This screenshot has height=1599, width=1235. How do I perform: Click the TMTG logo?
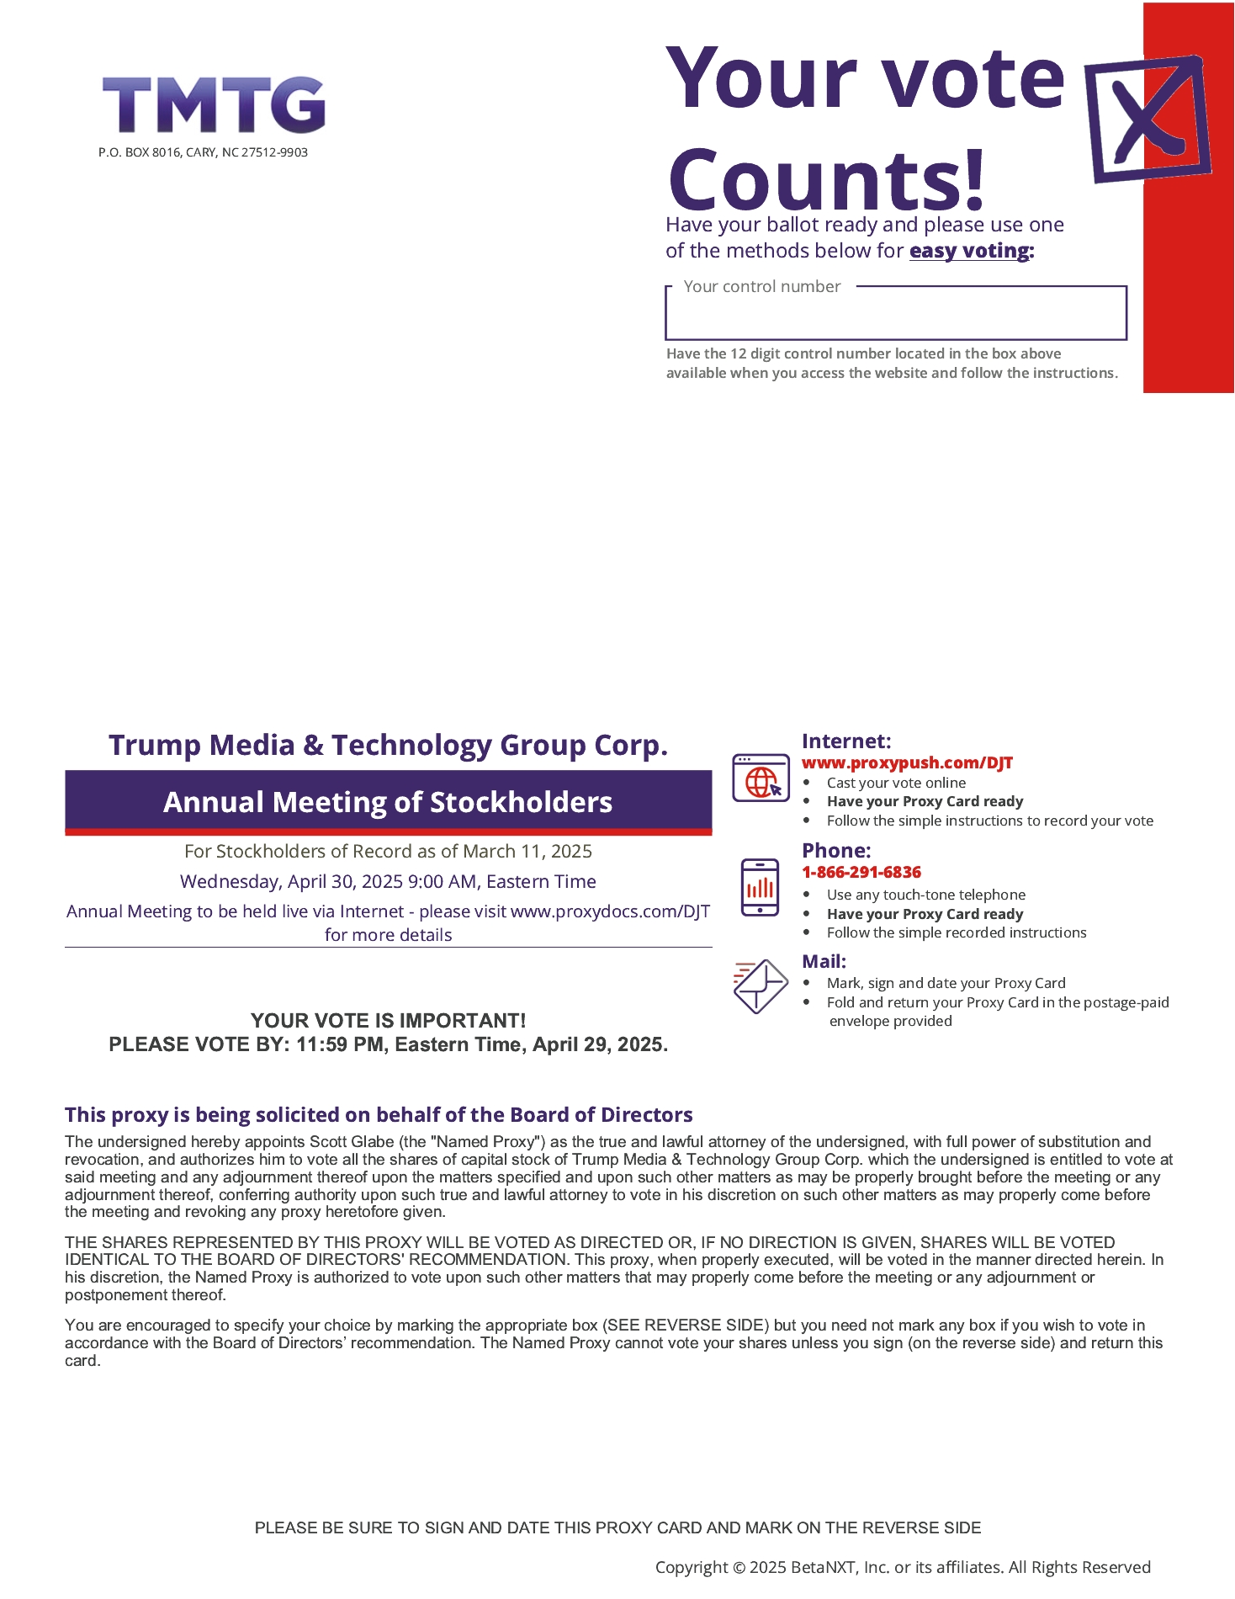214,105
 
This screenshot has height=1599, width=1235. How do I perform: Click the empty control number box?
895,316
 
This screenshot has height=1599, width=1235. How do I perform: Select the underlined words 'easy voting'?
970,251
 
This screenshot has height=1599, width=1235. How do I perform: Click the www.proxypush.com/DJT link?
907,763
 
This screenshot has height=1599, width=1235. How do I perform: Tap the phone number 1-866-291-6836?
861,873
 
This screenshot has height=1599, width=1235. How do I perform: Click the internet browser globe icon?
761,778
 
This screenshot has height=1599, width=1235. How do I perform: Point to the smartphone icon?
760,887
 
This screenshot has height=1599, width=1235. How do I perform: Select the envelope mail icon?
760,986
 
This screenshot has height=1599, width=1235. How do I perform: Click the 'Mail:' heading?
824,961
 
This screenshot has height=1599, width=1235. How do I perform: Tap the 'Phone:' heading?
836,851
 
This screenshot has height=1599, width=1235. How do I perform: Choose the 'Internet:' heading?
845,741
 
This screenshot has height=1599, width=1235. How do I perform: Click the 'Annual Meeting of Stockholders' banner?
388,802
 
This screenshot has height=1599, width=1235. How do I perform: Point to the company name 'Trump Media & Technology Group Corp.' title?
388,746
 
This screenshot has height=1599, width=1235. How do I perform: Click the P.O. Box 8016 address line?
203,152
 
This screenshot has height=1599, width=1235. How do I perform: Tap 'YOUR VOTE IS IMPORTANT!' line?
388,1021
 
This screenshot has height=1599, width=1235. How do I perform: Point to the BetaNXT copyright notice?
903,1567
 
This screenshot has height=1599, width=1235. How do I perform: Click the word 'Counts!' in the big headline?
826,180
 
